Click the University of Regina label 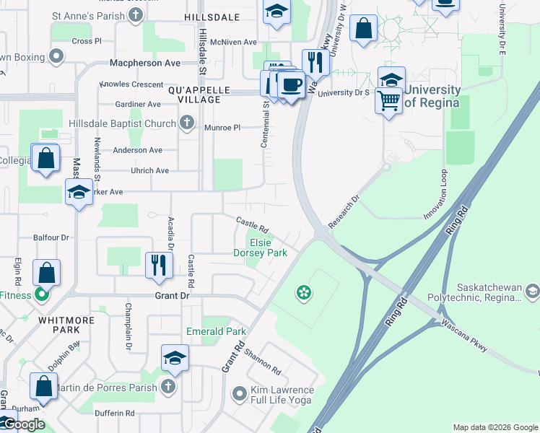tap(432, 96)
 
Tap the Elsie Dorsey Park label tap(260, 248)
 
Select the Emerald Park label tap(216, 332)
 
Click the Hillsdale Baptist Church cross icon tap(187, 123)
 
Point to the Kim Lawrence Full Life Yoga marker tap(240, 394)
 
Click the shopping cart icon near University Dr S tap(389, 100)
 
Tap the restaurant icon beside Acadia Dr tap(159, 264)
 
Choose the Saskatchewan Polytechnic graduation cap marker tap(533, 292)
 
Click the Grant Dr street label tap(171, 296)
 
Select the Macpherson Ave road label tap(144, 64)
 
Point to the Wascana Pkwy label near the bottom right tap(465, 336)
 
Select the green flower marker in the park tap(304, 292)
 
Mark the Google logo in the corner tap(23, 424)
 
